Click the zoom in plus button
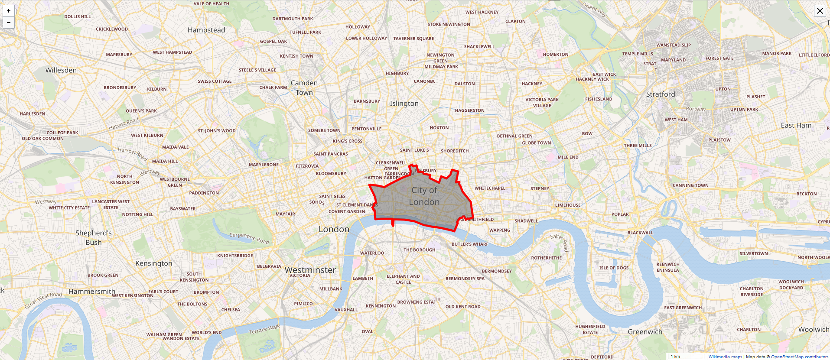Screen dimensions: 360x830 pyautogui.click(x=9, y=11)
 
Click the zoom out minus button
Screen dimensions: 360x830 pyautogui.click(x=9, y=23)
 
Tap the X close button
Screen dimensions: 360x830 pyautogui.click(x=820, y=11)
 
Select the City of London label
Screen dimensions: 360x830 pyautogui.click(x=424, y=196)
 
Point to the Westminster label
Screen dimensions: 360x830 pyautogui.click(x=310, y=270)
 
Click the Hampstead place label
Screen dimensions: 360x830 pyautogui.click(x=206, y=30)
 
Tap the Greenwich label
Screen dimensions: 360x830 pyautogui.click(x=645, y=332)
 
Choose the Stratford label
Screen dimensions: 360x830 pyautogui.click(x=661, y=94)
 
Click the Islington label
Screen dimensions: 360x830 pyautogui.click(x=404, y=104)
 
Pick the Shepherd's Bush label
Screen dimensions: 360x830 pyautogui.click(x=94, y=237)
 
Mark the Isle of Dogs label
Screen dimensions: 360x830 pyautogui.click(x=614, y=268)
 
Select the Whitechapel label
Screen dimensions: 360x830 pyautogui.click(x=490, y=188)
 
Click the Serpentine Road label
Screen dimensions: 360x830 pyautogui.click(x=249, y=238)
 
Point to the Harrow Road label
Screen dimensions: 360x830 pyautogui.click(x=133, y=153)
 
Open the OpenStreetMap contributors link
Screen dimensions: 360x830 pyautogui.click(x=799, y=357)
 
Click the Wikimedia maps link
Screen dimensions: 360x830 pyautogui.click(x=725, y=357)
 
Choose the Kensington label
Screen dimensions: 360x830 pyautogui.click(x=154, y=263)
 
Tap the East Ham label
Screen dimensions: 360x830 pyautogui.click(x=796, y=125)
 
